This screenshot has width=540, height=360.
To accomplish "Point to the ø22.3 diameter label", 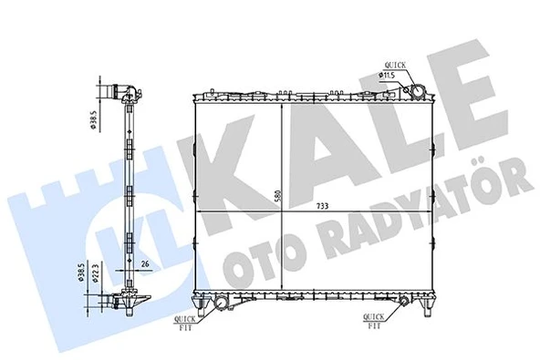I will pyautogui.click(x=96, y=279).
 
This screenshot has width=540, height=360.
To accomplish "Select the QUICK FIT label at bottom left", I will pyautogui.click(x=182, y=322).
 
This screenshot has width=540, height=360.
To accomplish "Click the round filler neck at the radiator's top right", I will pyautogui.click(x=416, y=92).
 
